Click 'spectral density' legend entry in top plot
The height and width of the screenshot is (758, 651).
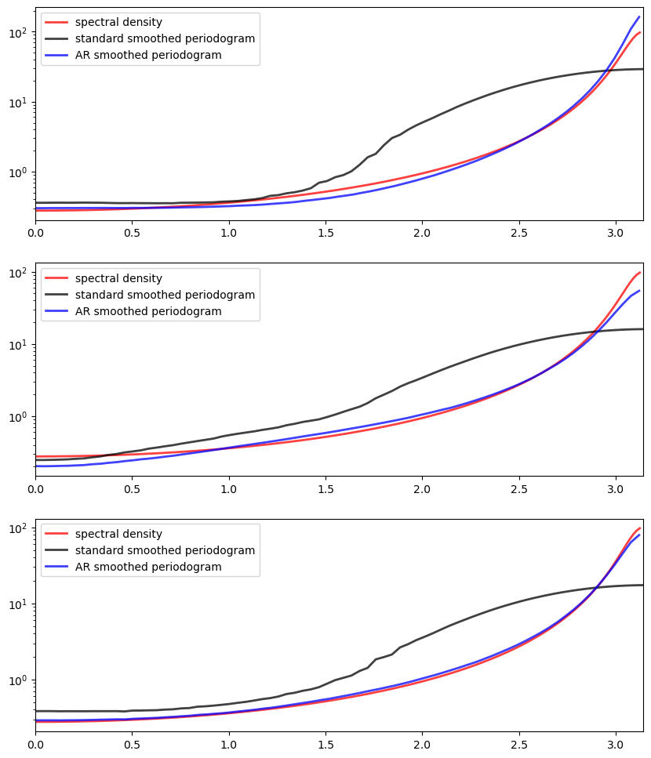(118, 22)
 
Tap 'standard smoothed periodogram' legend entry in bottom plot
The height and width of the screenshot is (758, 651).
(165, 550)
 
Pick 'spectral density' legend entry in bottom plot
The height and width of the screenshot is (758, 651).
(118, 534)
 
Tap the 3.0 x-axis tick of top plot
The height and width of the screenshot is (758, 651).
(616, 233)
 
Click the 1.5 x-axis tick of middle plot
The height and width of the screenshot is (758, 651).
(325, 489)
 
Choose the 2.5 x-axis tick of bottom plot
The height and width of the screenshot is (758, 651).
(519, 745)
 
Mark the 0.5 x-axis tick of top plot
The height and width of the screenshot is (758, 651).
(132, 233)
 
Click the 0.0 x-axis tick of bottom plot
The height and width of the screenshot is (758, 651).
(35, 745)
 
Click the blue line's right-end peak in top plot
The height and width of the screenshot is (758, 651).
(639, 16)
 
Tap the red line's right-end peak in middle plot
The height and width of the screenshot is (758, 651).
(640, 272)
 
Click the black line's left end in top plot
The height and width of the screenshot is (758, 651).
(35, 202)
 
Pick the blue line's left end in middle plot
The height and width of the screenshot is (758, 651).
(35, 466)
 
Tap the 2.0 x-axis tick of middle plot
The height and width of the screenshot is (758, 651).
(423, 489)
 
